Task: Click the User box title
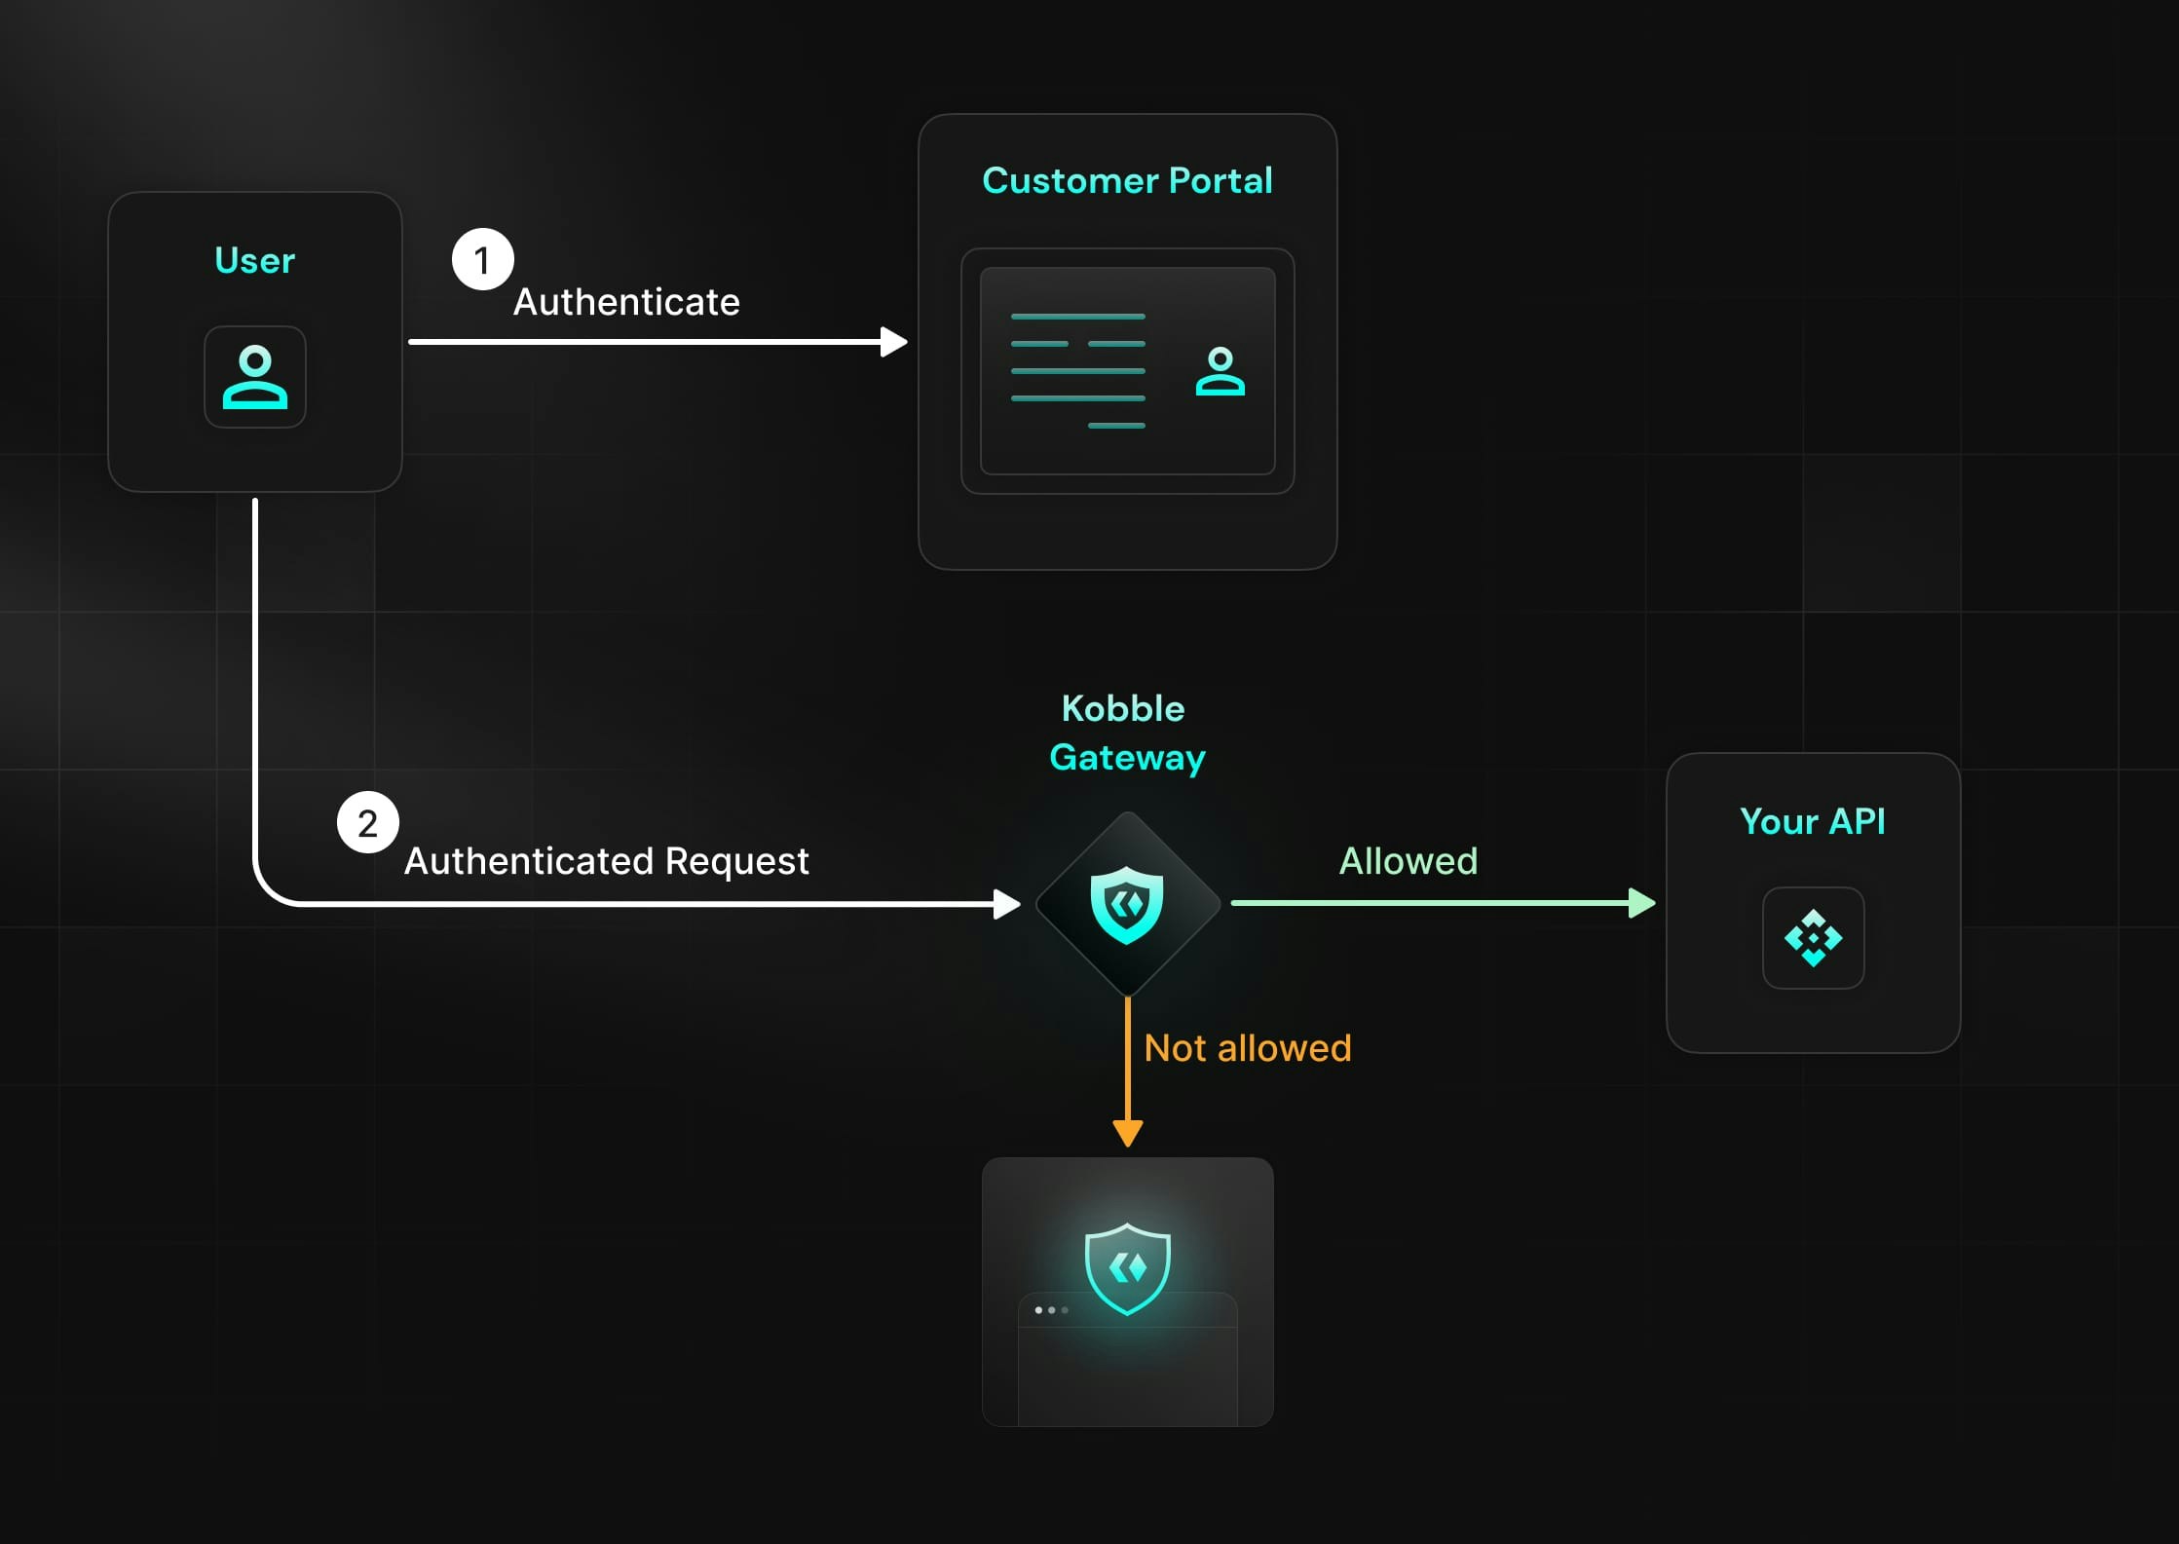(254, 260)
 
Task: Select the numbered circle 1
(482, 259)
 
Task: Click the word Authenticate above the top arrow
(626, 302)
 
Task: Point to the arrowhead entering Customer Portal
(894, 342)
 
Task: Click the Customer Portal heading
(1127, 180)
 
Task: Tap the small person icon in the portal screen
(1221, 371)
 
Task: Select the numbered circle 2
(367, 822)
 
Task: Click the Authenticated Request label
(606, 861)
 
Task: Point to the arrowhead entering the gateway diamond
(1007, 904)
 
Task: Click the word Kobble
(1123, 708)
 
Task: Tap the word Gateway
(1127, 758)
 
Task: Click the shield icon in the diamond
(1127, 905)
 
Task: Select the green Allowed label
(1409, 861)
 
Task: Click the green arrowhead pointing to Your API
(1642, 903)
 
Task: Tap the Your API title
(1813, 821)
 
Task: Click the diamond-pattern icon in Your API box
(1814, 938)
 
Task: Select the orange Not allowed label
(1248, 1048)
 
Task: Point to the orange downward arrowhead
(1128, 1134)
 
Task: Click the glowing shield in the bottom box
(1128, 1268)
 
